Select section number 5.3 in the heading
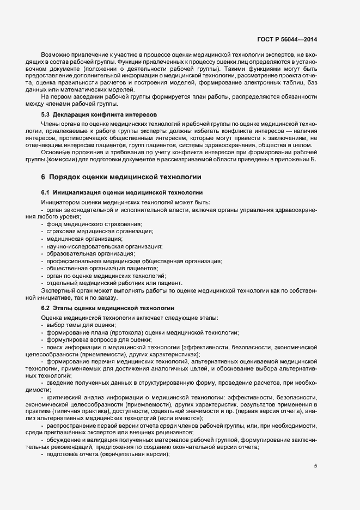[x=46, y=116]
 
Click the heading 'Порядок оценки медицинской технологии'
[x=125, y=177]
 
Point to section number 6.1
[x=46, y=193]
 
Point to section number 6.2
[x=46, y=308]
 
